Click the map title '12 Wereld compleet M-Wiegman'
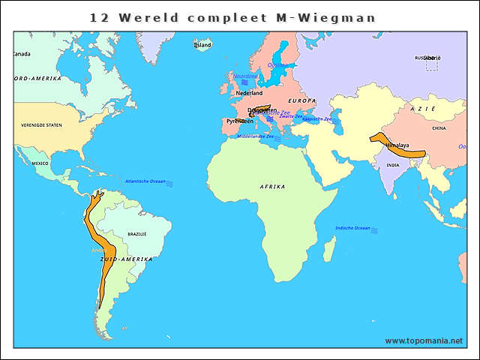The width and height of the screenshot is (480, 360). (x=232, y=16)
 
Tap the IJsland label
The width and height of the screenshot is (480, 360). (x=202, y=45)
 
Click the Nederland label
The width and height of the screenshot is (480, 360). (x=249, y=93)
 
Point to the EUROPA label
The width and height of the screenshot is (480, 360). (x=302, y=100)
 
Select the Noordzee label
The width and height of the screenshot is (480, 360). (x=244, y=76)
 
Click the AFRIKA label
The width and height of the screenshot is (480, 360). (x=272, y=186)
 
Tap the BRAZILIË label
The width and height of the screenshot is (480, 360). (x=137, y=234)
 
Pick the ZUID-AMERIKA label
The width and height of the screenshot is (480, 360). (x=126, y=259)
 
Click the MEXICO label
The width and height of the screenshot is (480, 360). (x=40, y=163)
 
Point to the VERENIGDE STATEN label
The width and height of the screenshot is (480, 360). (x=41, y=125)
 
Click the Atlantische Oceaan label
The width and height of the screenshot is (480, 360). (x=145, y=181)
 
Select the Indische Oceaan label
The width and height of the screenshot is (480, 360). (x=352, y=228)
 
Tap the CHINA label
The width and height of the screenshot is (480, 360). (x=439, y=128)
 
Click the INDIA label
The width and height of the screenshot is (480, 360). (x=392, y=166)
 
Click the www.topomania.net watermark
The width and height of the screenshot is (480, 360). (x=424, y=340)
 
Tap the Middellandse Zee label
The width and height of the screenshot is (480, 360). (x=255, y=136)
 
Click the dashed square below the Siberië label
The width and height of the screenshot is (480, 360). (x=431, y=65)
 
